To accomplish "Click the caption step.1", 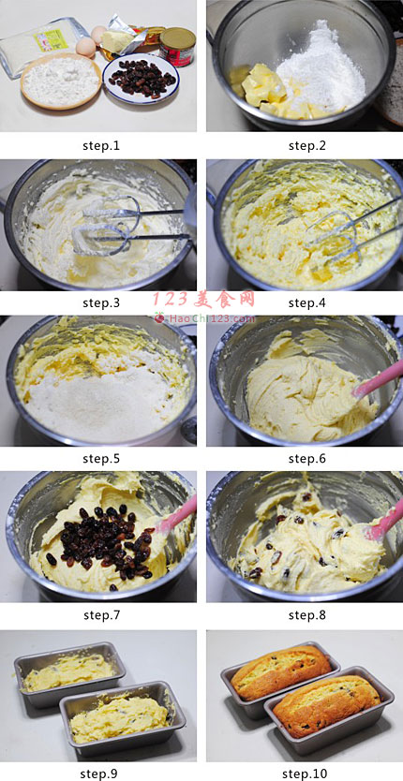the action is pyautogui.click(x=101, y=146).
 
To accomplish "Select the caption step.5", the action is pyautogui.click(x=101, y=458).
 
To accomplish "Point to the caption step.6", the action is pyautogui.click(x=306, y=458).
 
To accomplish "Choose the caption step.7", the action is pyautogui.click(x=101, y=615).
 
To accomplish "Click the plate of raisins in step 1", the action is pyautogui.click(x=142, y=79).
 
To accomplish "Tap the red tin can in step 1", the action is pyautogui.click(x=177, y=46).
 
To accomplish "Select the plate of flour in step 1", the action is pyautogui.click(x=61, y=81).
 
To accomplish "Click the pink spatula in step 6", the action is pyautogui.click(x=377, y=378).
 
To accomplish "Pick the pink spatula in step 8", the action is pyautogui.click(x=383, y=523).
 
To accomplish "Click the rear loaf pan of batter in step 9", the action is pyautogui.click(x=69, y=672).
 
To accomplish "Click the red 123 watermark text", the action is pyautogui.click(x=203, y=300).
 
